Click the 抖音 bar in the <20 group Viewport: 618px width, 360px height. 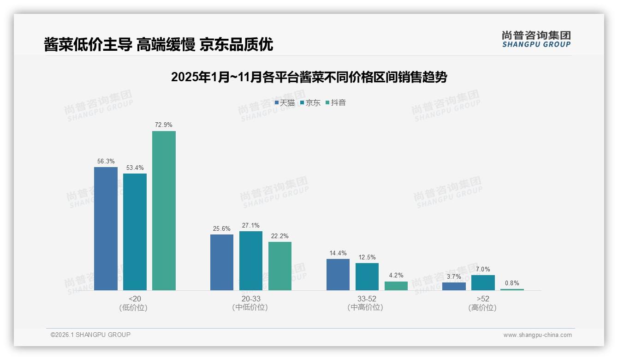pos(164,210)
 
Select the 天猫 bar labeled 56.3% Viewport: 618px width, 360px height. pos(106,228)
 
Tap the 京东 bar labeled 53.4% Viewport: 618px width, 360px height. pos(135,232)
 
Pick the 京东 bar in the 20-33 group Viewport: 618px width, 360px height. pos(251,261)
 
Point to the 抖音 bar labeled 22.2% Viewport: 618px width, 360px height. pos(280,266)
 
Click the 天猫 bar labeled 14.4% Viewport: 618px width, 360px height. pos(338,275)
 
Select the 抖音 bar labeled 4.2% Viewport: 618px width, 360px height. pos(396,286)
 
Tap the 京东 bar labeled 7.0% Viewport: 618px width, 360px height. pos(483,282)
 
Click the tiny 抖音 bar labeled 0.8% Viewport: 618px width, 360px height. pos(512,289)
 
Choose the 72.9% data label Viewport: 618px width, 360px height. pos(164,125)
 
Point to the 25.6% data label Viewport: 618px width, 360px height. pos(222,228)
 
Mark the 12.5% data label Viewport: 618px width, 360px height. pos(367,257)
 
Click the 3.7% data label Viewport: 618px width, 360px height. pos(454,276)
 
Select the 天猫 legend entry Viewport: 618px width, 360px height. pos(285,103)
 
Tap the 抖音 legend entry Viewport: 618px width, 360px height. pos(336,103)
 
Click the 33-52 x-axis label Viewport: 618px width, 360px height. pos(367,299)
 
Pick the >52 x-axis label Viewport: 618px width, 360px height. pos(483,299)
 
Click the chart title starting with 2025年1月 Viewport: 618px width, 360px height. pos(309,77)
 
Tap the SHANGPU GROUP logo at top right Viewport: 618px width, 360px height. pos(536,39)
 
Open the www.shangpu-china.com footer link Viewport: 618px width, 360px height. pos(537,335)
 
